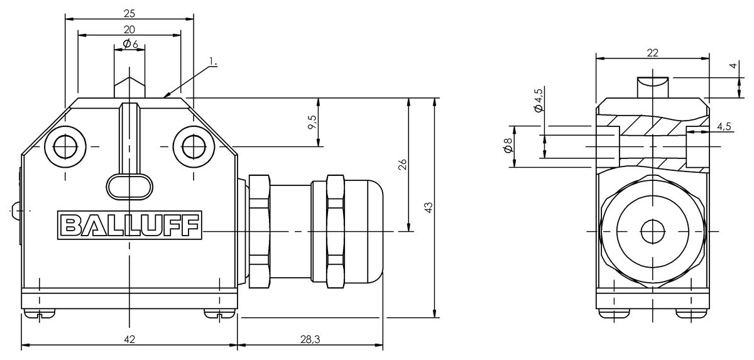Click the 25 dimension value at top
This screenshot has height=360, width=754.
pyautogui.click(x=129, y=13)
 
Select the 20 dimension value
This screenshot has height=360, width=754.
pyautogui.click(x=129, y=30)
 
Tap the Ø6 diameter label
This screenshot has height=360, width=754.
pyautogui.click(x=130, y=44)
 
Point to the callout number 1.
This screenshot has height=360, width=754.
pyautogui.click(x=213, y=62)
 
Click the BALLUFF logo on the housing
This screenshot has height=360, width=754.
pyautogui.click(x=129, y=225)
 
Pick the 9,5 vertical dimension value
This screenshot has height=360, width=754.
pyautogui.click(x=312, y=122)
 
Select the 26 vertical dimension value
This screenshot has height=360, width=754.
pyautogui.click(x=403, y=165)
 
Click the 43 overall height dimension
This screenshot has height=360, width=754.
pyautogui.click(x=429, y=207)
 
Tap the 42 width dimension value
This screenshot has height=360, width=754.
pyautogui.click(x=129, y=339)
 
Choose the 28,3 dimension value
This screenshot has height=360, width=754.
pyautogui.click(x=310, y=339)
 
